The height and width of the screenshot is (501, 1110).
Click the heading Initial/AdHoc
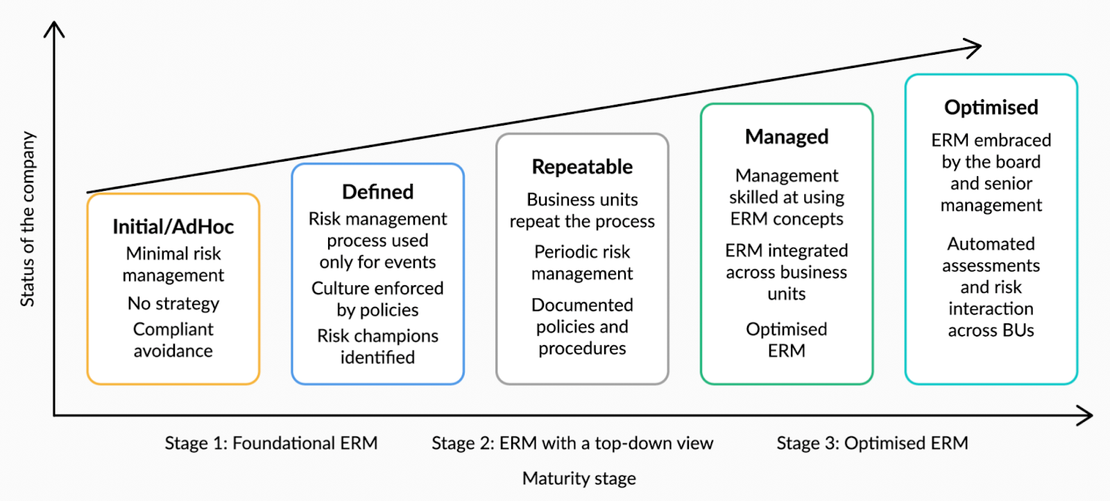point(173,227)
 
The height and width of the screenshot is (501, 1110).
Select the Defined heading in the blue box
point(377,192)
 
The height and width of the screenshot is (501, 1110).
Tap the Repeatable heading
point(582,167)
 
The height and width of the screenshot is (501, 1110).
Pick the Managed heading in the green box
point(787,137)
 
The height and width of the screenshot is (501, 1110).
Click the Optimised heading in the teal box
point(991,108)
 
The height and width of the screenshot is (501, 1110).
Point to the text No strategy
point(173,304)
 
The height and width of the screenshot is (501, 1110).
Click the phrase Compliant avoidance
point(173,340)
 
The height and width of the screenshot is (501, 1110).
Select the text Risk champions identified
point(377,346)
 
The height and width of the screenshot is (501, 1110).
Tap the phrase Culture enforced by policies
point(377,299)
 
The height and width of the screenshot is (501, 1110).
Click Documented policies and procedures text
point(582,326)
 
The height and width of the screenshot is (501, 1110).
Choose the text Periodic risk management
point(582,262)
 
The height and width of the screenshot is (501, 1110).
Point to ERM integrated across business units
point(787,272)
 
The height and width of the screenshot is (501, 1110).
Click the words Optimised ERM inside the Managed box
point(787,340)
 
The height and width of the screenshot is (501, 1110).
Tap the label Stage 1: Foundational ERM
point(271,443)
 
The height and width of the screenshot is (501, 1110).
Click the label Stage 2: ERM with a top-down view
point(572,443)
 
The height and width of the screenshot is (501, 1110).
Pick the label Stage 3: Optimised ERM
point(872,443)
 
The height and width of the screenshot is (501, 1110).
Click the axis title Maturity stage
point(579,479)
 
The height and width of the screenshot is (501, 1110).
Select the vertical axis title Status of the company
point(27,219)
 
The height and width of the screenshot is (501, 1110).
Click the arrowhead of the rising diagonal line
point(975,48)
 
